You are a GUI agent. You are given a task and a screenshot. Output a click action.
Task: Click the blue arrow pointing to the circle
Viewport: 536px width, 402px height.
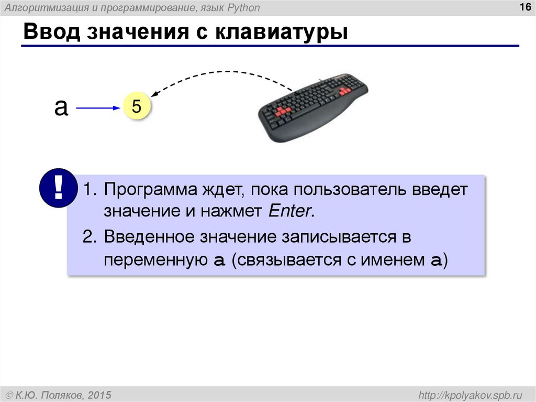pos(98,108)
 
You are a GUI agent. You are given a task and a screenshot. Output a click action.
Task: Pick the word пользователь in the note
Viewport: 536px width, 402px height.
pos(344,189)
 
